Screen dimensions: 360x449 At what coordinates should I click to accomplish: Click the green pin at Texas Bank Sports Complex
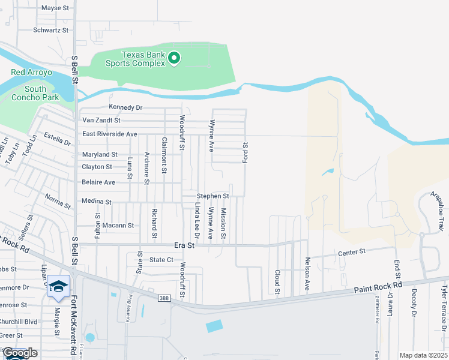[174, 58]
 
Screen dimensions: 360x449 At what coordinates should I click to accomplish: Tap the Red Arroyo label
[32, 73]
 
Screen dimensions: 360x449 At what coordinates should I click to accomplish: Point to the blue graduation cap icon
[58, 287]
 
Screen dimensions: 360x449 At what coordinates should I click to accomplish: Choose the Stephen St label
[213, 196]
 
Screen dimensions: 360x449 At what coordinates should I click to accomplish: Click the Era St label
[184, 245]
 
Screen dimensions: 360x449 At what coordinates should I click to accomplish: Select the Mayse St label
[55, 8]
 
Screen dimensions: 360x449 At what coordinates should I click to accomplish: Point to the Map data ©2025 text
[423, 355]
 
